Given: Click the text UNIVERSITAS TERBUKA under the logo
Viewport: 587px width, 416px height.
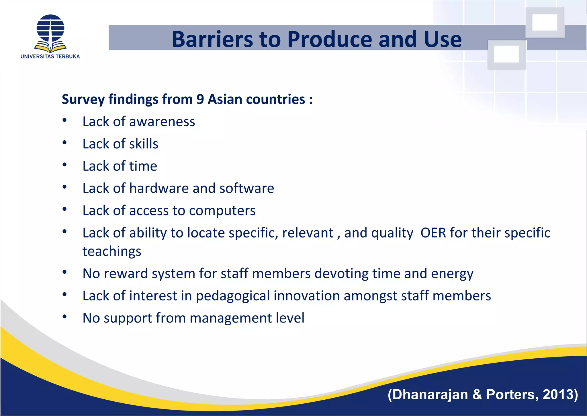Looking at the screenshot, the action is pos(50,57).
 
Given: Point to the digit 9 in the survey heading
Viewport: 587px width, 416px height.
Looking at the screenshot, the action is pos(200,100).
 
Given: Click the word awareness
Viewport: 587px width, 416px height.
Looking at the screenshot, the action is pos(162,122).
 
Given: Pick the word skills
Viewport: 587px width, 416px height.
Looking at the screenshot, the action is pos(144,144).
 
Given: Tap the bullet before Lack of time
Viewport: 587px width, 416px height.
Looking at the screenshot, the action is pos(64,165).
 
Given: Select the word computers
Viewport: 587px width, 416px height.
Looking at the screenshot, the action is pos(222,211).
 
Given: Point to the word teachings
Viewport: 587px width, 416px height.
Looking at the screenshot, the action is pos(112,252).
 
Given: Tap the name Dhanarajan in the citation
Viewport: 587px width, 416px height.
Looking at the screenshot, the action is pos(430,394).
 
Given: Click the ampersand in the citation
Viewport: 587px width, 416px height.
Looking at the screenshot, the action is pos(477,394).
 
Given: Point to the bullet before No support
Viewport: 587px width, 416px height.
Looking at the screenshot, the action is pos(64,317).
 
